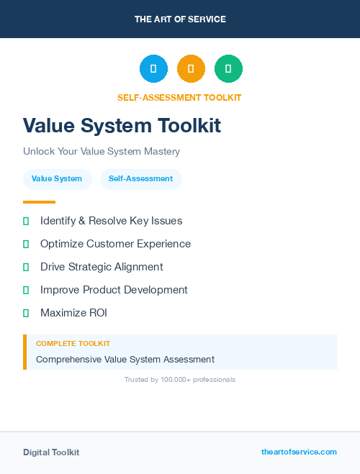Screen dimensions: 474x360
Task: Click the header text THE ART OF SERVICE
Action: point(180,19)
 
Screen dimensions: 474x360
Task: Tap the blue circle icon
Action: point(153,69)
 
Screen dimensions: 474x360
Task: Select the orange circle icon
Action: point(191,69)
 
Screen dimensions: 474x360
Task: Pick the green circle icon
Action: point(228,69)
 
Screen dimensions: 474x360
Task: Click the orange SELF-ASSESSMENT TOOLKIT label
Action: point(180,98)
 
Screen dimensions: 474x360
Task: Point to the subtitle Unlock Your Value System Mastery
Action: point(102,152)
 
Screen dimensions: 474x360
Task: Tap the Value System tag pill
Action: point(57,178)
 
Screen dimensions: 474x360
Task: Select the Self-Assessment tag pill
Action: point(141,178)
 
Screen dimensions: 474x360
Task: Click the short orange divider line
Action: point(39,202)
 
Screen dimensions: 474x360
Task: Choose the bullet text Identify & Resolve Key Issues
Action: point(111,221)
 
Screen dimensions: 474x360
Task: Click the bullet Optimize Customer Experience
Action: point(115,244)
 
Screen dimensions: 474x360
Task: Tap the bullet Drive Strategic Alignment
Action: point(102,267)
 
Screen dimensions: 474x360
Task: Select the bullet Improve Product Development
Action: point(114,290)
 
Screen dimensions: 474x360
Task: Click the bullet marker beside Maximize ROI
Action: point(26,313)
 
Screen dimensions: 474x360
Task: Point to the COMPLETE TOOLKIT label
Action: point(73,344)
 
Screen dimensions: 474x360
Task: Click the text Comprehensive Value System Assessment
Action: point(125,359)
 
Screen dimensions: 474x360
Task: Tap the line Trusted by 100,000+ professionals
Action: point(180,379)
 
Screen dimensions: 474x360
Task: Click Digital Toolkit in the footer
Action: point(51,452)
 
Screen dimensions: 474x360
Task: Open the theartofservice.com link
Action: point(299,452)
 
